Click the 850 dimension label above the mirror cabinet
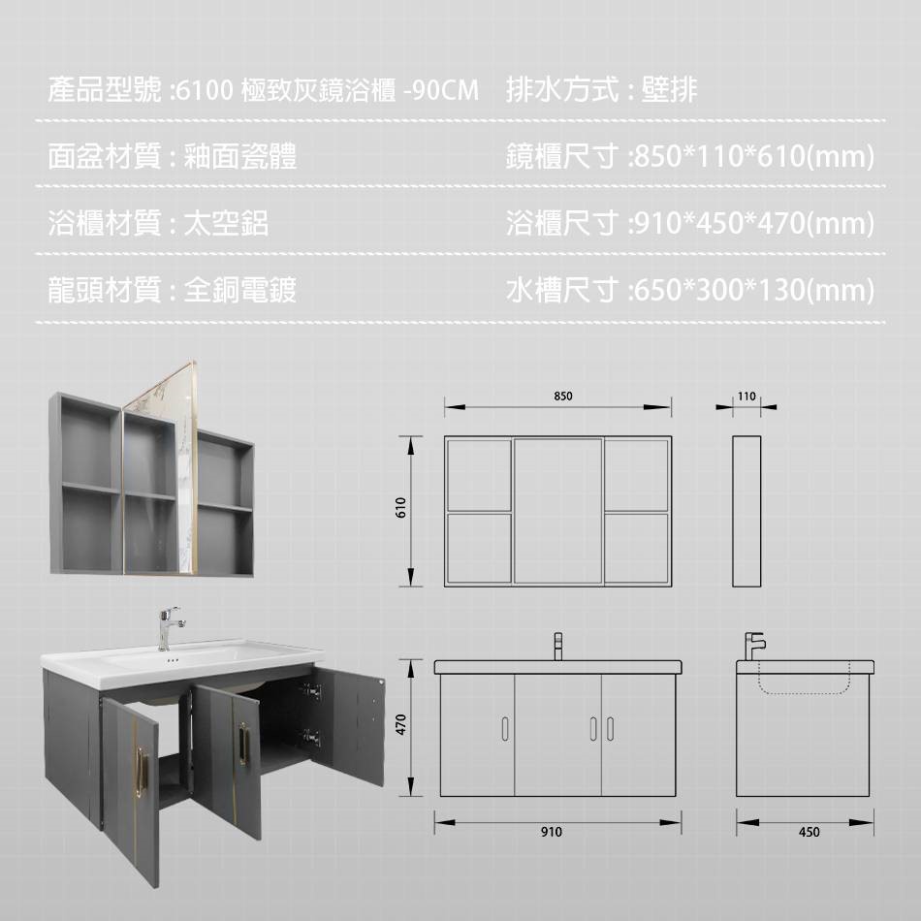click(562, 396)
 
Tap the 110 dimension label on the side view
click(746, 396)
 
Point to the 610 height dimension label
click(401, 507)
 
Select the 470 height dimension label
click(401, 724)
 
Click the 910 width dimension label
click(552, 832)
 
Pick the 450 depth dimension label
click(809, 832)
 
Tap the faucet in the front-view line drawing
click(558, 646)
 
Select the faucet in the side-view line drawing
click(755, 647)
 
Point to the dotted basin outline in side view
click(804, 678)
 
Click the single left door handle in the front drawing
click(505, 728)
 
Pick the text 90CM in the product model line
click(445, 90)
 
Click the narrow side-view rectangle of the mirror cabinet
click(746, 511)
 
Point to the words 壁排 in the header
click(669, 90)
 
